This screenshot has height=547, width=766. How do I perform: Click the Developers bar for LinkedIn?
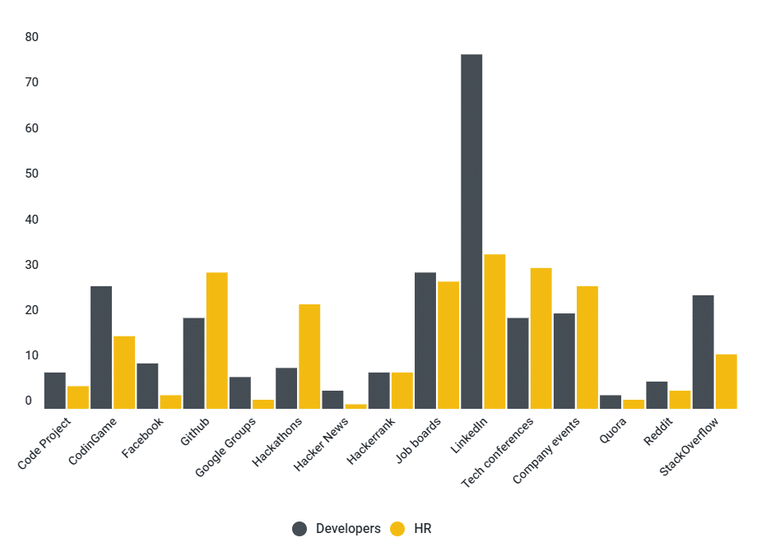(x=471, y=231)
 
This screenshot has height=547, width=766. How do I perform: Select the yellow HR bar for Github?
(x=217, y=341)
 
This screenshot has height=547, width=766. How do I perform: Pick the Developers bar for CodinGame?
(x=101, y=347)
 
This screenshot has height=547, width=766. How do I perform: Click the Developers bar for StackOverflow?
(x=703, y=352)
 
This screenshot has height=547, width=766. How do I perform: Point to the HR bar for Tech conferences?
(x=541, y=338)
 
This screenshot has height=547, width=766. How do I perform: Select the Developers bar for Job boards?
(x=425, y=341)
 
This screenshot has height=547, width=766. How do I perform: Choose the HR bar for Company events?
(x=587, y=347)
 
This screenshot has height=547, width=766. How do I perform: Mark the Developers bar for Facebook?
(x=147, y=386)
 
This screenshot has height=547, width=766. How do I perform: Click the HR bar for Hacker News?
(x=355, y=406)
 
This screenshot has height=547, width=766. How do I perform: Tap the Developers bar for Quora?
(x=610, y=402)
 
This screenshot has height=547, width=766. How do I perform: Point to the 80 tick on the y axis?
(x=32, y=37)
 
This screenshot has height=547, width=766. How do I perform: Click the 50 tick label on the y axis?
(x=32, y=174)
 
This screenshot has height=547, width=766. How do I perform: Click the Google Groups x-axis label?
(x=227, y=447)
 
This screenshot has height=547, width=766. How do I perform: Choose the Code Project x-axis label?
(x=45, y=444)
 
